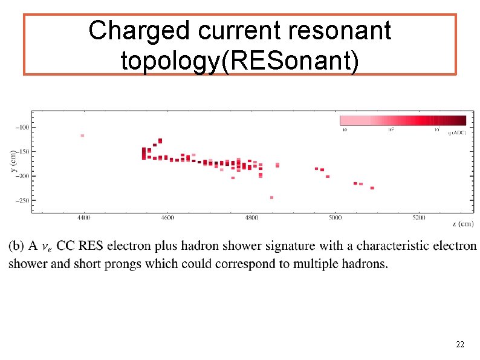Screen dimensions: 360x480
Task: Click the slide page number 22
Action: point(459,344)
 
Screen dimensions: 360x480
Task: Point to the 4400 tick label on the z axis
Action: point(84,217)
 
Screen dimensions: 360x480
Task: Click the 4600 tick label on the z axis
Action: point(167,217)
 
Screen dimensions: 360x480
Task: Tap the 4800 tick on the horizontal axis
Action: point(251,217)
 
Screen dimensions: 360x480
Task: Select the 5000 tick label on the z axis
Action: point(334,217)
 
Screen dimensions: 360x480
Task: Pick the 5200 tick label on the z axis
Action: point(418,217)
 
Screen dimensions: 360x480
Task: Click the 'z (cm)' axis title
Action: point(462,223)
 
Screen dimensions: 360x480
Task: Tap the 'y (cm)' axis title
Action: point(13,162)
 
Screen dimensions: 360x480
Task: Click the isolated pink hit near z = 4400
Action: point(82,136)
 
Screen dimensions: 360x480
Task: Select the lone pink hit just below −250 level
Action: point(271,197)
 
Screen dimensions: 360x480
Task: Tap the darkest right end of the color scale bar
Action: point(462,120)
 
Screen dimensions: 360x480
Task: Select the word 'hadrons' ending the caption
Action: point(365,264)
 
